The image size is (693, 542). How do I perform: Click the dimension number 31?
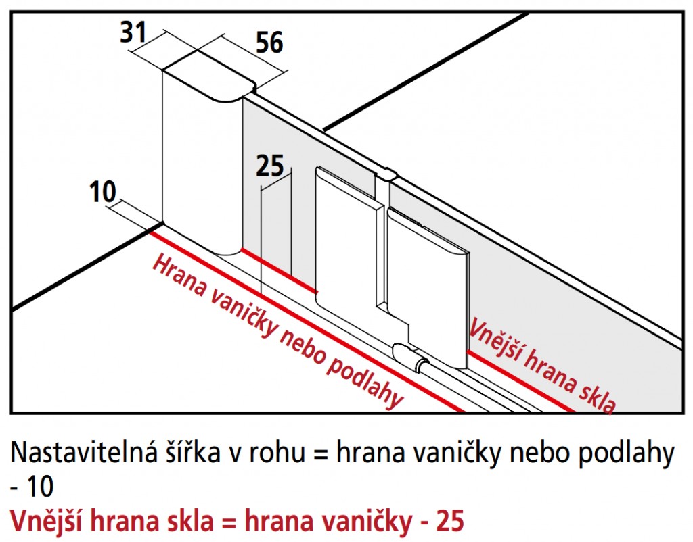(x=133, y=32)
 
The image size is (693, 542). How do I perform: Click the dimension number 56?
(x=269, y=43)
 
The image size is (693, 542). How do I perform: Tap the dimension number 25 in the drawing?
(x=270, y=166)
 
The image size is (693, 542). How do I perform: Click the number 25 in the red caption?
(x=450, y=521)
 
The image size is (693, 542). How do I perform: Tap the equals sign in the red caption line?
(x=228, y=522)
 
